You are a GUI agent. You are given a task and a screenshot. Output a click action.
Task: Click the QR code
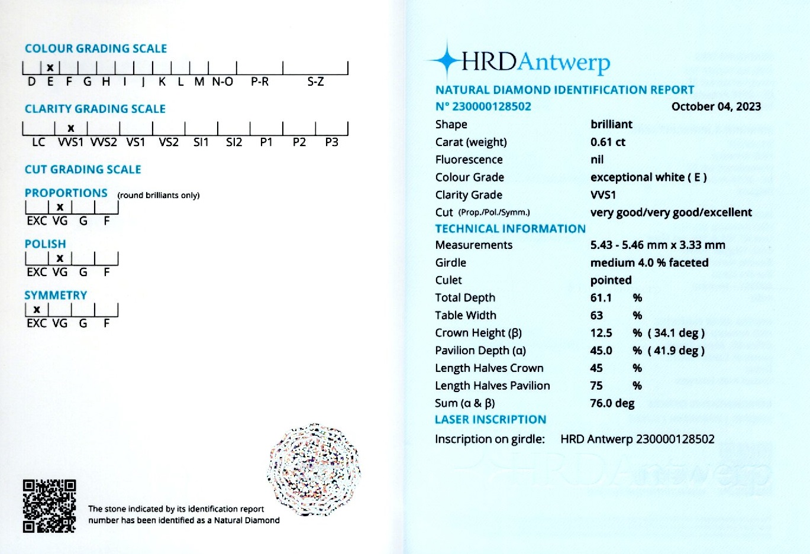click(x=49, y=506)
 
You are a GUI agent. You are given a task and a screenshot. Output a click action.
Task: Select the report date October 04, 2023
click(x=716, y=106)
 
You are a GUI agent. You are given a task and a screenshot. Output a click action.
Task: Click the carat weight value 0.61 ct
click(x=608, y=142)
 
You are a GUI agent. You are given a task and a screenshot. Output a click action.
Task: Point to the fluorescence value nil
click(x=597, y=160)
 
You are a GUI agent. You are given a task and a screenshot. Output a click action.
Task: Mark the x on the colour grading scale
click(x=50, y=67)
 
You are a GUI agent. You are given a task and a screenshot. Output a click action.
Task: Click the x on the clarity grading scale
click(x=71, y=128)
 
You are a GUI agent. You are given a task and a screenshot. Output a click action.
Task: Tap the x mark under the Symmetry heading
click(x=37, y=309)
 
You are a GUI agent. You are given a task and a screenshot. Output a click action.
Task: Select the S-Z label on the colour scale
click(x=315, y=82)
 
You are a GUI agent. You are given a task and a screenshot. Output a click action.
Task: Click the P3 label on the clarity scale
click(x=331, y=142)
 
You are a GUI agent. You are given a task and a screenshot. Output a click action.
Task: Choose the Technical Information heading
click(x=510, y=229)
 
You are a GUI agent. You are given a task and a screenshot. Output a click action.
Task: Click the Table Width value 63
click(x=596, y=315)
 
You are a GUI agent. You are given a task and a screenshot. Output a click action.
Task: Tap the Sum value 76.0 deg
click(x=612, y=403)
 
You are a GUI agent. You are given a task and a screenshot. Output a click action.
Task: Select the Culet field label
click(x=448, y=280)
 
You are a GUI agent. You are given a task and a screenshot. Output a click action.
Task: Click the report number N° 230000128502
click(x=483, y=106)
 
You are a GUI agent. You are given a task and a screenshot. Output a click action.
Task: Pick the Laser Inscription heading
click(x=490, y=420)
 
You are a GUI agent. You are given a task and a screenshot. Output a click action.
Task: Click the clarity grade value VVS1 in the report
click(x=603, y=195)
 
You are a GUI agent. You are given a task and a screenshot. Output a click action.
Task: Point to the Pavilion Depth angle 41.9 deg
click(x=676, y=351)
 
